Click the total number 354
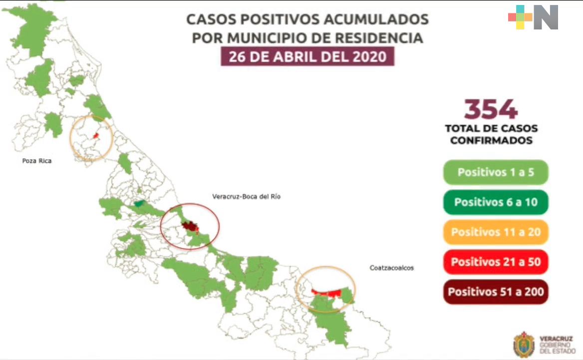(491, 109)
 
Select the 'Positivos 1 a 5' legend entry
(496, 173)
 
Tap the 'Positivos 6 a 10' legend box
(496, 202)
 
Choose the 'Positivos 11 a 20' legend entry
(496, 232)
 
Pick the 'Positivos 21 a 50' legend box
(496, 261)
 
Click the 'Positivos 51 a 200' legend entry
(496, 291)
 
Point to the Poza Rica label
(37, 161)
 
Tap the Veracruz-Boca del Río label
(247, 197)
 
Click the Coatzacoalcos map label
(392, 268)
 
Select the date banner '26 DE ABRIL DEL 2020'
(307, 56)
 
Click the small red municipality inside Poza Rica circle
(96, 135)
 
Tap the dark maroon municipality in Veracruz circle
(188, 226)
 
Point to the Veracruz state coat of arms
(523, 344)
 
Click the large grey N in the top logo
(546, 17)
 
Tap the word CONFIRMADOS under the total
(491, 140)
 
